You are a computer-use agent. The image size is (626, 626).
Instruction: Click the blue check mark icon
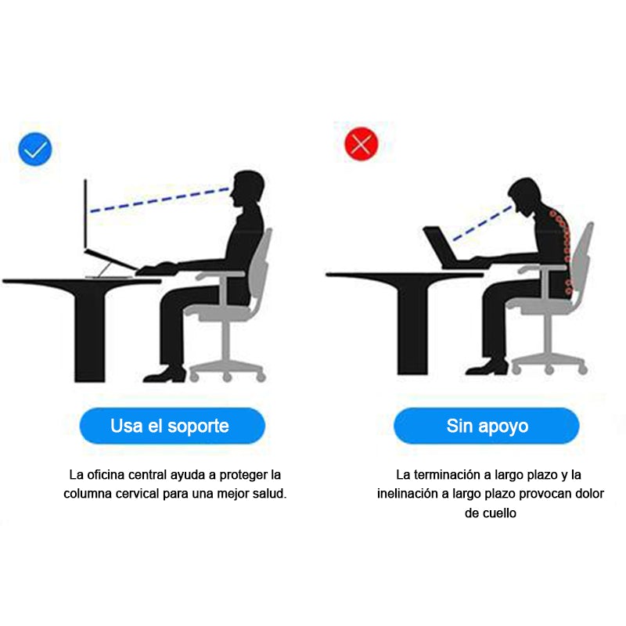35,149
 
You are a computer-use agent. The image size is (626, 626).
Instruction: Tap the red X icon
362,144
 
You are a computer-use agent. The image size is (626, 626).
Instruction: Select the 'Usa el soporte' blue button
172,426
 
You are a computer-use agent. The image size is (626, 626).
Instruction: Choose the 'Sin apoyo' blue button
486,426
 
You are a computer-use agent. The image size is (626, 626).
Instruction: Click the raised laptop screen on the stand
85,214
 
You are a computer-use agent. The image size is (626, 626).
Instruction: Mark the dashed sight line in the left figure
160,200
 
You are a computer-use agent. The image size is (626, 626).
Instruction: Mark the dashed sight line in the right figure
482,223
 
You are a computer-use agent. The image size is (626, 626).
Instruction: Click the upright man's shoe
165,374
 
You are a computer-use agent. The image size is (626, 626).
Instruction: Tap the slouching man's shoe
487,367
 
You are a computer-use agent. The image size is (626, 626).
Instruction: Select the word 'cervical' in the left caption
138,494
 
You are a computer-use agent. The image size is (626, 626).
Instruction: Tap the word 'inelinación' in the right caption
408,494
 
